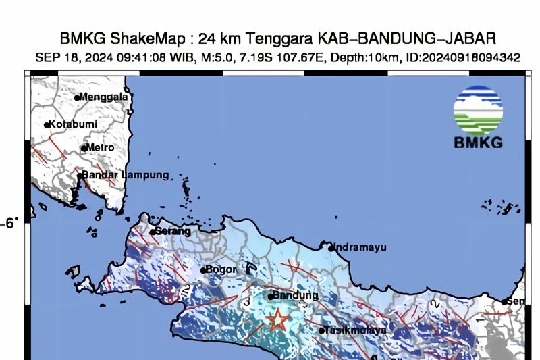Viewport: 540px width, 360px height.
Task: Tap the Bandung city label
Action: (296, 296)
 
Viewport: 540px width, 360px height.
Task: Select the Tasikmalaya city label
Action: (356, 330)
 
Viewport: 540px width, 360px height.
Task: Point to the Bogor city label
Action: (221, 269)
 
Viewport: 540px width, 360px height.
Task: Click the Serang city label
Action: (173, 231)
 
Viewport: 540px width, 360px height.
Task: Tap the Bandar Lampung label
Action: (126, 175)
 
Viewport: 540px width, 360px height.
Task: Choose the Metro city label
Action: (101, 147)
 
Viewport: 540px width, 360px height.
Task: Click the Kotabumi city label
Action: (74, 124)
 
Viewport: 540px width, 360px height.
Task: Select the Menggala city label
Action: (105, 97)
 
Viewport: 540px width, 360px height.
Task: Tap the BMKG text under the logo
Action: (478, 143)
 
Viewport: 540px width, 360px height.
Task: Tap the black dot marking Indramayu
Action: (331, 248)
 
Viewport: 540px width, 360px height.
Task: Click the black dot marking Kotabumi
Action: (47, 125)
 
